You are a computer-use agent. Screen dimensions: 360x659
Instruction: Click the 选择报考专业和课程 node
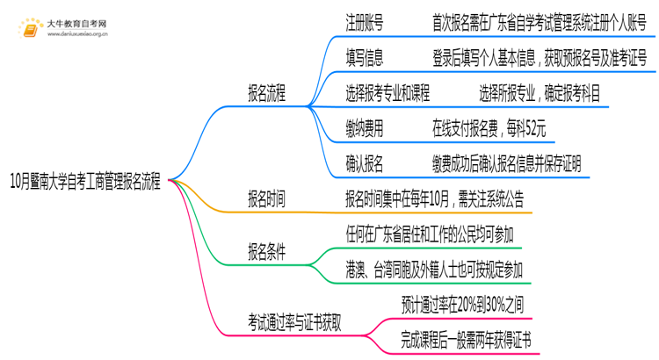[399, 94]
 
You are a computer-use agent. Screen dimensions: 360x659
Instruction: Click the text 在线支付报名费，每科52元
[489, 128]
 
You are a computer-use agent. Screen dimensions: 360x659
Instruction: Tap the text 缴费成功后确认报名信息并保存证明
[505, 163]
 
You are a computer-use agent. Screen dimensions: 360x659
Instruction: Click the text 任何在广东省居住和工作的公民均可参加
[431, 234]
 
